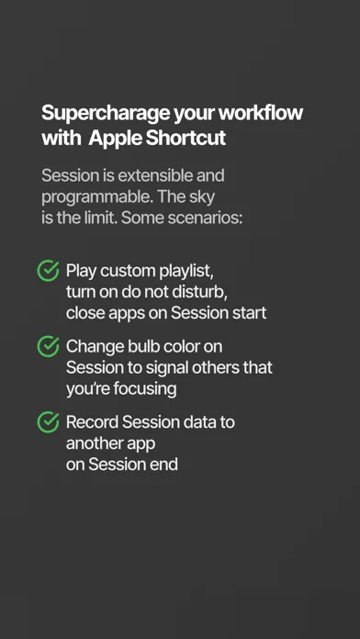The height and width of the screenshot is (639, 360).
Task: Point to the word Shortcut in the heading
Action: point(186,138)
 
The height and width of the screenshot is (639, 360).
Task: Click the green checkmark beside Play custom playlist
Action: point(48,271)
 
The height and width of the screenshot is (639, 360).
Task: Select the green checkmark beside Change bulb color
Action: point(48,346)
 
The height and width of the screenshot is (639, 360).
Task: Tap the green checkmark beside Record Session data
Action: point(48,421)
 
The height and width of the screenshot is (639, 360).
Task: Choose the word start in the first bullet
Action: point(249,313)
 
